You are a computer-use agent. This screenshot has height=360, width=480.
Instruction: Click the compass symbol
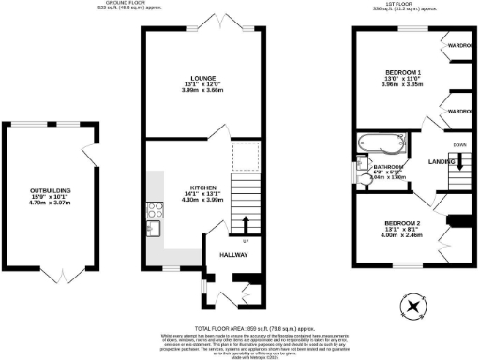[x=412, y=306]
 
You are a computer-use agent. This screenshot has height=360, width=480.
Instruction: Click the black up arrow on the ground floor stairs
[x=246, y=222]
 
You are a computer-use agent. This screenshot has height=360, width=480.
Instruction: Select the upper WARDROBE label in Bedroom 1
[x=459, y=45]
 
